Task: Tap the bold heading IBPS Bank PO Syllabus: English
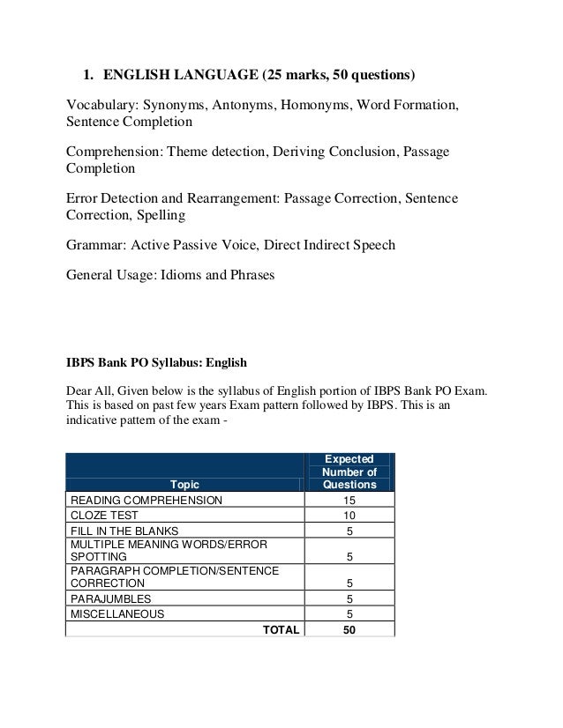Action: pyautogui.click(x=158, y=361)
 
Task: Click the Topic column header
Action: pyautogui.click(x=185, y=484)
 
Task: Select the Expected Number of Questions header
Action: pyautogui.click(x=349, y=472)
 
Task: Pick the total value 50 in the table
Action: pyautogui.click(x=349, y=629)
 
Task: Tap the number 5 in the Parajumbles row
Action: pyautogui.click(x=349, y=598)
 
